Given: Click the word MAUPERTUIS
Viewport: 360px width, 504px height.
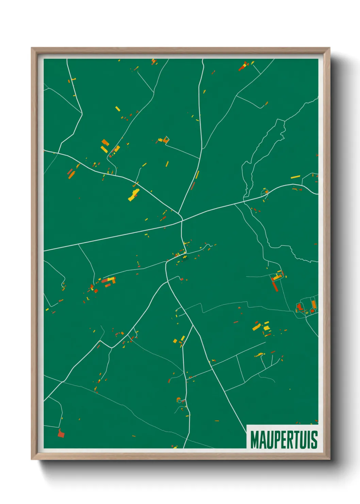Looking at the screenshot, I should (x=284, y=440).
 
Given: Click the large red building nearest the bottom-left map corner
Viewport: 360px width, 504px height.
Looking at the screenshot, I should (x=61, y=434).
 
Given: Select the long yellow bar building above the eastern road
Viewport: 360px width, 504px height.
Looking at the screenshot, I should (x=295, y=177).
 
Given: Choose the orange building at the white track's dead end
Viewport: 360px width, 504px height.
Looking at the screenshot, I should (x=166, y=140).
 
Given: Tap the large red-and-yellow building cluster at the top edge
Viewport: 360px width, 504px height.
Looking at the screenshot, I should (x=243, y=66).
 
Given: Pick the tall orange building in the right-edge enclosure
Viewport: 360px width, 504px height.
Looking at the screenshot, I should (x=313, y=304).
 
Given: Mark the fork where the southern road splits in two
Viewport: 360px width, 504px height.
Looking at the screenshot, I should (x=193, y=325).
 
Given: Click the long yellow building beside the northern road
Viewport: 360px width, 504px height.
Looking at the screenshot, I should (x=197, y=175).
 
